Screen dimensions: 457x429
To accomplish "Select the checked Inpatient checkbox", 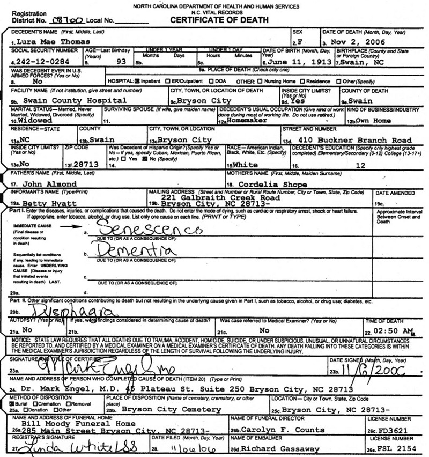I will tap(137, 82).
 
